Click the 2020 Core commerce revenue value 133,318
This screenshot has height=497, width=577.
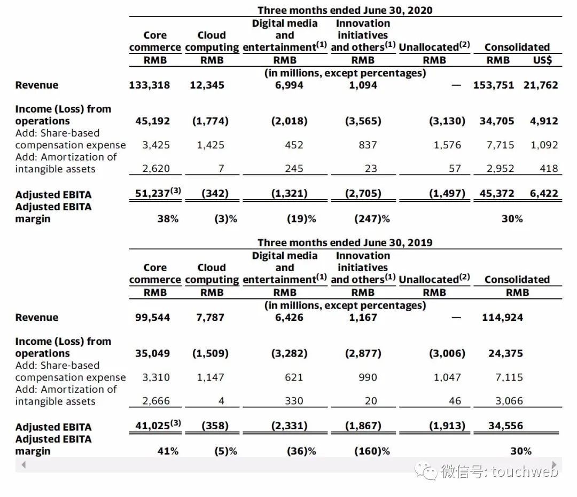click(149, 85)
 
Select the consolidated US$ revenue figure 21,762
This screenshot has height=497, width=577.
click(541, 85)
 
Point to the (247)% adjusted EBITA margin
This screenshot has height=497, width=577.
click(372, 219)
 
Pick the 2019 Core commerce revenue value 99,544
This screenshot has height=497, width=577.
click(152, 318)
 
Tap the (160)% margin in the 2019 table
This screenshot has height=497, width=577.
click(372, 451)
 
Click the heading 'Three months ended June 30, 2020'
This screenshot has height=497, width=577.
click(345, 10)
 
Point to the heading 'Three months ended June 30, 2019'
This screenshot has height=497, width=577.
click(345, 242)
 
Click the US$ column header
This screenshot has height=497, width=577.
click(542, 60)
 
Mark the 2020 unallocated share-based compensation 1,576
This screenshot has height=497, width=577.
click(447, 145)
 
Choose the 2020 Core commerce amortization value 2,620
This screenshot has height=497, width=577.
click(156, 169)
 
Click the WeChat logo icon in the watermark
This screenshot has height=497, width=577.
click(427, 470)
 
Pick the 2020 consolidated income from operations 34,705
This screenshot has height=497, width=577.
click(497, 121)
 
